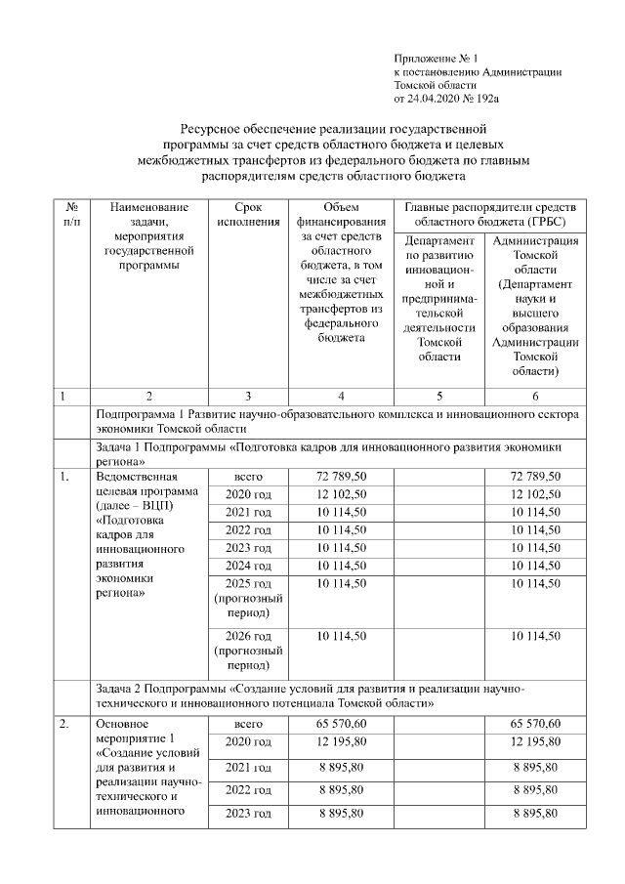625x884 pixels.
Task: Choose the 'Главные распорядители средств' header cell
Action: (x=490, y=215)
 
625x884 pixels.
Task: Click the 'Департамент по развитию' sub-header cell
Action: (x=438, y=297)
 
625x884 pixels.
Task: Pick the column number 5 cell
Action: (x=438, y=396)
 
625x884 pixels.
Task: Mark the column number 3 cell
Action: (x=248, y=396)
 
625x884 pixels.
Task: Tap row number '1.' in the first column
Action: (x=64, y=477)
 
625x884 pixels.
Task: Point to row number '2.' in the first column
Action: (x=64, y=725)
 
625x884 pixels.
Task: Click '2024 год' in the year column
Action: (x=248, y=565)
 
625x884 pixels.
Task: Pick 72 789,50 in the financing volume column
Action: (x=341, y=477)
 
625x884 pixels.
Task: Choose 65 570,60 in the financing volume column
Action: (x=341, y=725)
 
